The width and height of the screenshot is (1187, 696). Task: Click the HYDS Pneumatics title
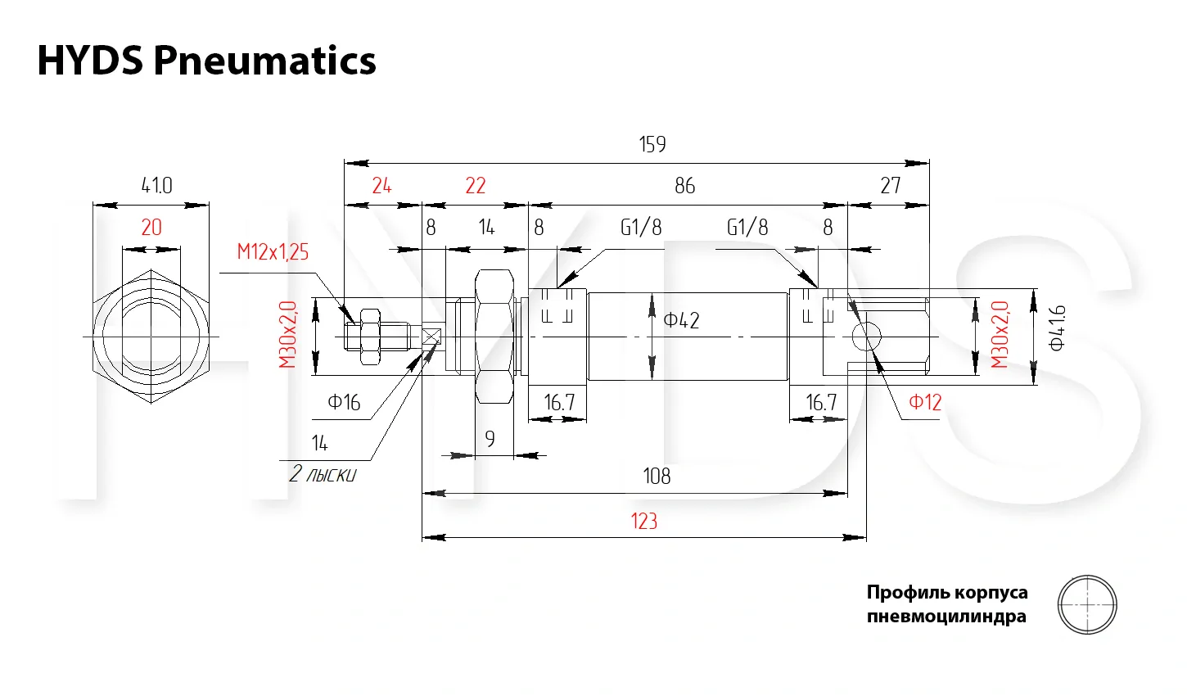[206, 61]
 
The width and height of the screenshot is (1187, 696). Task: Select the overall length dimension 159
[652, 145]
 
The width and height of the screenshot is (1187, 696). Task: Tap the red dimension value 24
[381, 186]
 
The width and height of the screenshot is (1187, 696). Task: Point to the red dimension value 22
[476, 186]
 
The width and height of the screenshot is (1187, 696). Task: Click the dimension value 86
[684, 186]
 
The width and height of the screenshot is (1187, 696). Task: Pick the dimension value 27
[890, 186]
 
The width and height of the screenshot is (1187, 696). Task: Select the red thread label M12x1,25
[273, 251]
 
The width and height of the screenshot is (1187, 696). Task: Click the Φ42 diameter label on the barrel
[681, 320]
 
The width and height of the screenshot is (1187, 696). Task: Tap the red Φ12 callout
[925, 402]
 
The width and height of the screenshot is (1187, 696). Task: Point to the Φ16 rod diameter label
[344, 402]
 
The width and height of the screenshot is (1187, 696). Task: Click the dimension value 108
[657, 476]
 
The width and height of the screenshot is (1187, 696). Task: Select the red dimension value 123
[644, 521]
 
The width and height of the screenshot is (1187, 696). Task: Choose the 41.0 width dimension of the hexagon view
[156, 185]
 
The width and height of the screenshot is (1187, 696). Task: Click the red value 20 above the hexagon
[151, 227]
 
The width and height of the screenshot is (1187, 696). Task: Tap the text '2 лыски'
[323, 474]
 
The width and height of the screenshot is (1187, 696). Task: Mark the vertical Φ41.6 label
[1057, 328]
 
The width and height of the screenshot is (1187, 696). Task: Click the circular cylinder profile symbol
[1087, 605]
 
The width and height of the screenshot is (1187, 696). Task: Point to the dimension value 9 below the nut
[490, 440]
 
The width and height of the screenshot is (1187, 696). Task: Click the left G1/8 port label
[641, 227]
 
